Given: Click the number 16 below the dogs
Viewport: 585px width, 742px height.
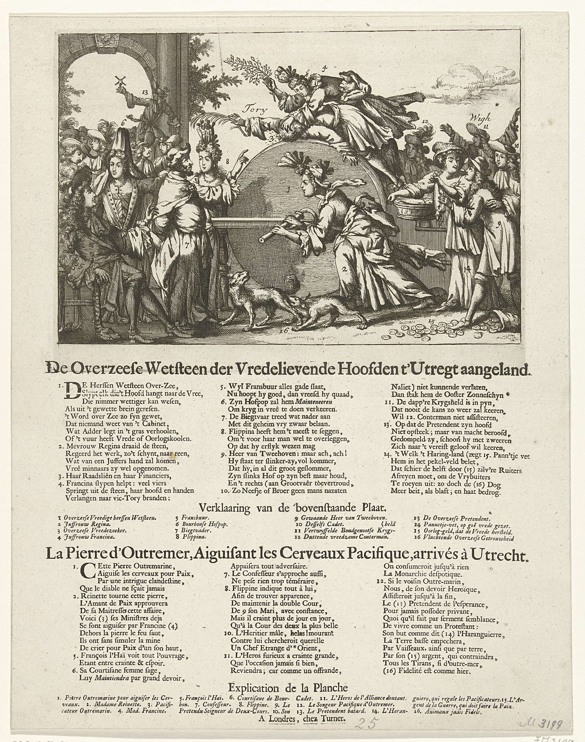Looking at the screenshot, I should coord(283,330).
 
